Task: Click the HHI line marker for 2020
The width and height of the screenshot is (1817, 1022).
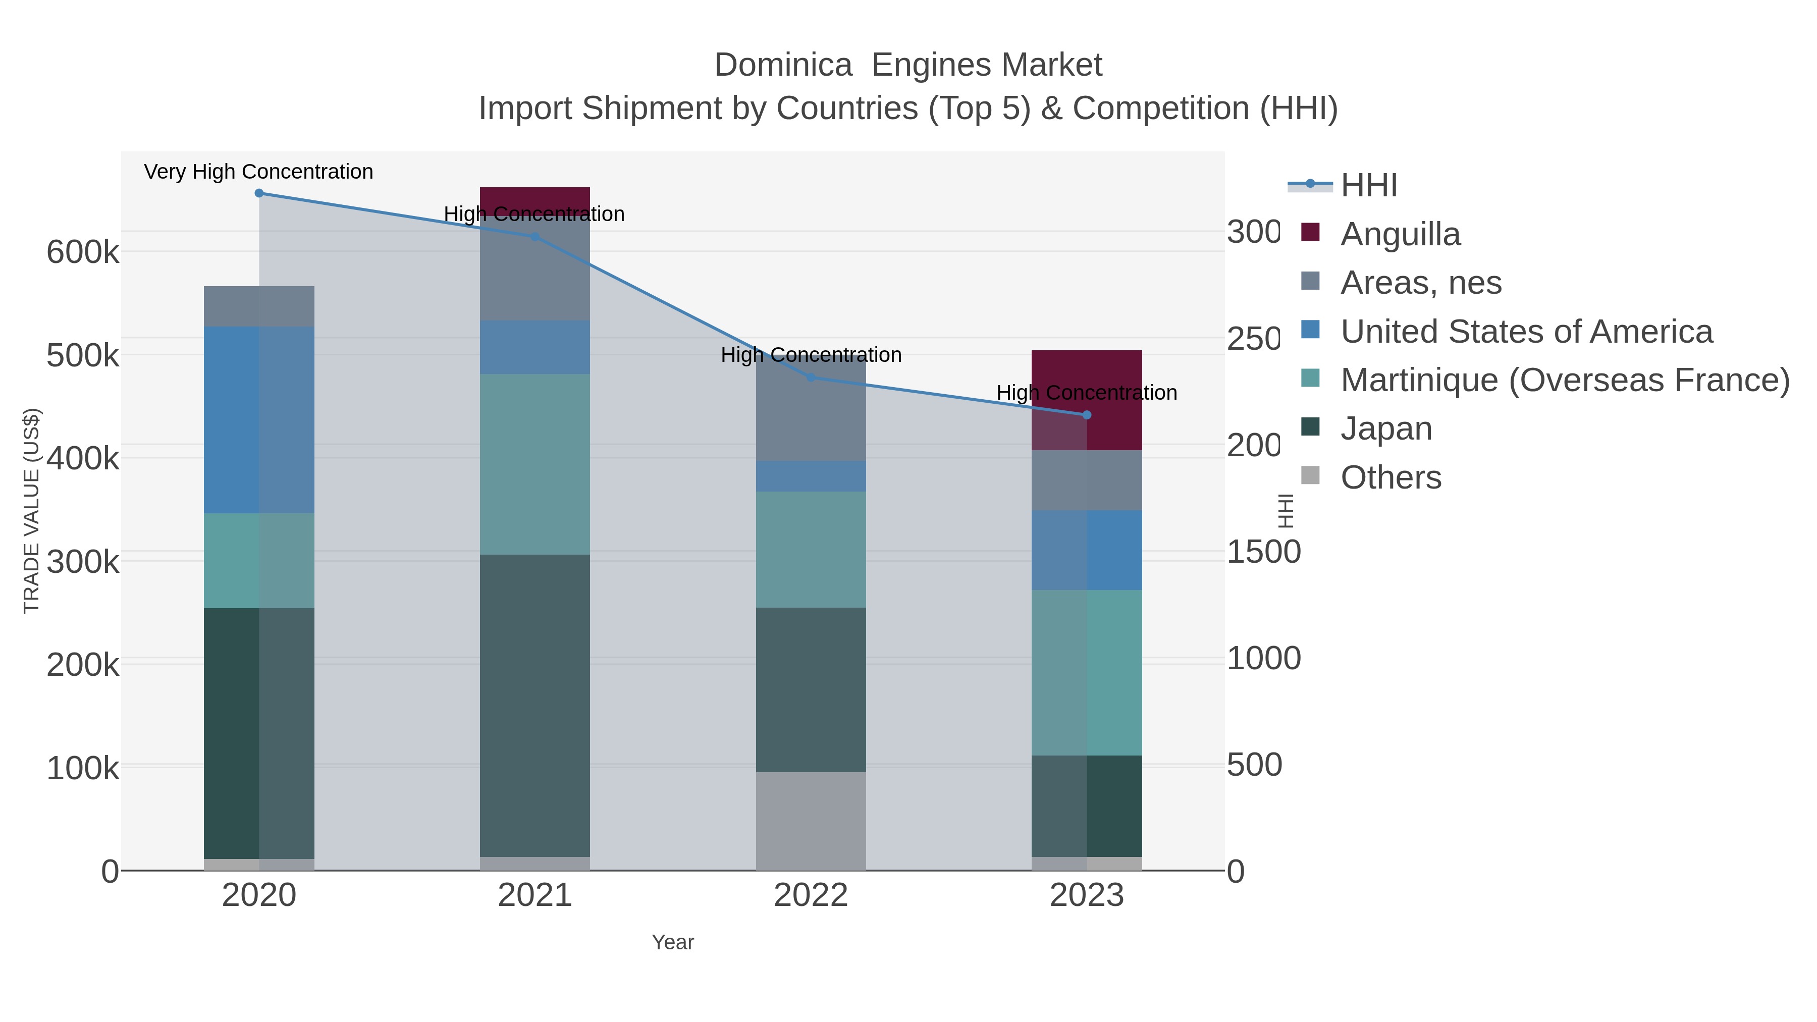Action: point(259,193)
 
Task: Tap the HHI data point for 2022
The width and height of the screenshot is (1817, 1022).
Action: point(811,378)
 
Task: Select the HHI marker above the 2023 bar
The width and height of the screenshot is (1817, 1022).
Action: point(1086,415)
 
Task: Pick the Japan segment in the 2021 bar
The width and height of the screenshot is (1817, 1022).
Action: point(535,706)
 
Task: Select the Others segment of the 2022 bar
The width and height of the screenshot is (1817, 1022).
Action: point(811,821)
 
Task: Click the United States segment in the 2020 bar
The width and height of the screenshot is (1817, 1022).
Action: point(259,420)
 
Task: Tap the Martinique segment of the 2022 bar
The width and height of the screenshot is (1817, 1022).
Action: point(811,550)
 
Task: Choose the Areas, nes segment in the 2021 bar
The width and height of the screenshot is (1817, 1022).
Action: point(535,275)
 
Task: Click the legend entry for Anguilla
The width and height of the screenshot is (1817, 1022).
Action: point(1400,234)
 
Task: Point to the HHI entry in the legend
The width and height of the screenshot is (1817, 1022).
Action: point(1368,186)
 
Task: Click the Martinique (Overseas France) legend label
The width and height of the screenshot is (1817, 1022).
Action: point(1565,380)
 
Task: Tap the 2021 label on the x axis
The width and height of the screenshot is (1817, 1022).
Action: point(535,896)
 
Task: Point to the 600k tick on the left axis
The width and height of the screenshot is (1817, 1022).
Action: point(83,252)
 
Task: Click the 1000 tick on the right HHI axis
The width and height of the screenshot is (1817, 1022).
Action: point(1263,659)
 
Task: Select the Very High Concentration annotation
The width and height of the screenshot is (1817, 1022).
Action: point(259,172)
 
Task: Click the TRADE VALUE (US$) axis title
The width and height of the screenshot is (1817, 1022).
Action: point(32,511)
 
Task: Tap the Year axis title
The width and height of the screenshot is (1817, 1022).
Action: point(672,942)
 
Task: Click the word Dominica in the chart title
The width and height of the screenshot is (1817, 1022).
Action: point(783,66)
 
